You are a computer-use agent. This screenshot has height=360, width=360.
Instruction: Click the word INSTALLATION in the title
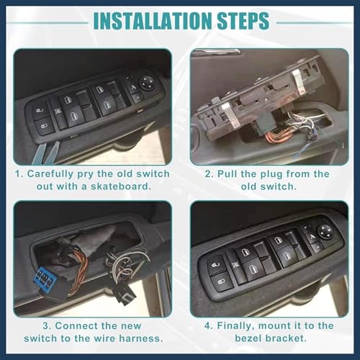coord(153,21)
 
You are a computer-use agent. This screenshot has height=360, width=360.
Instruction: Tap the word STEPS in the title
coord(243,21)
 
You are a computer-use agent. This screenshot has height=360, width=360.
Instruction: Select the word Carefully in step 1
coord(50,174)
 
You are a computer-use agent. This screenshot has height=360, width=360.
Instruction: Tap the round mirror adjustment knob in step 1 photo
coord(148,84)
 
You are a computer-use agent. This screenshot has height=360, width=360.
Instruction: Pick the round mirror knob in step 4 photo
coord(325,231)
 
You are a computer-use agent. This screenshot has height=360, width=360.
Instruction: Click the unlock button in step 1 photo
coord(40,111)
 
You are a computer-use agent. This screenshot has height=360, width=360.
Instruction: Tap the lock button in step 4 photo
coord(222,282)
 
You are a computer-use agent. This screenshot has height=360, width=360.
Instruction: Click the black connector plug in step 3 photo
coord(125,293)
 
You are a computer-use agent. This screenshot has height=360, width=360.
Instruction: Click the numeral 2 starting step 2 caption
coord(208,174)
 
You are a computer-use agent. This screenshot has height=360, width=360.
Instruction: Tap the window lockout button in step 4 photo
coord(235,264)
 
